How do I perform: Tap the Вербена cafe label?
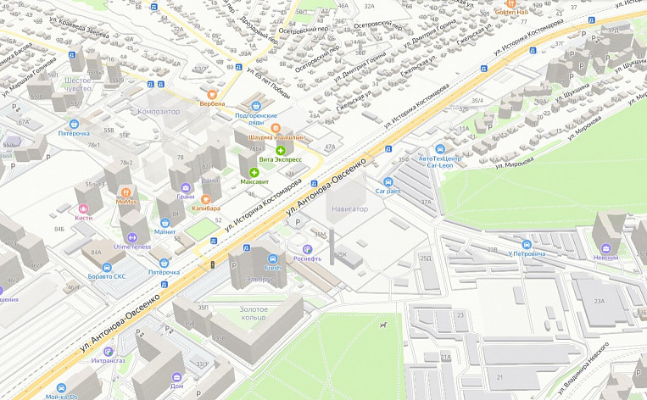tap(212, 103)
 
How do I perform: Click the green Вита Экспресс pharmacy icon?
tap(280, 150)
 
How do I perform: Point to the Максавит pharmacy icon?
tap(254, 172)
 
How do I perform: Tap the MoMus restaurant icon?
tap(127, 192)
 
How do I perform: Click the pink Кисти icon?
tap(83, 208)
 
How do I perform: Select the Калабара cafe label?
tap(204, 208)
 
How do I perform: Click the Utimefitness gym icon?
tap(131, 237)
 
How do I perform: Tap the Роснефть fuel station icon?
tap(307, 249)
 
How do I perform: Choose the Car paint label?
tap(388, 191)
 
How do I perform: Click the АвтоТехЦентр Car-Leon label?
tap(440, 162)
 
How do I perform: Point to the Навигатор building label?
tap(349, 208)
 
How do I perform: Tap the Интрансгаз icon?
tap(117, 351)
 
